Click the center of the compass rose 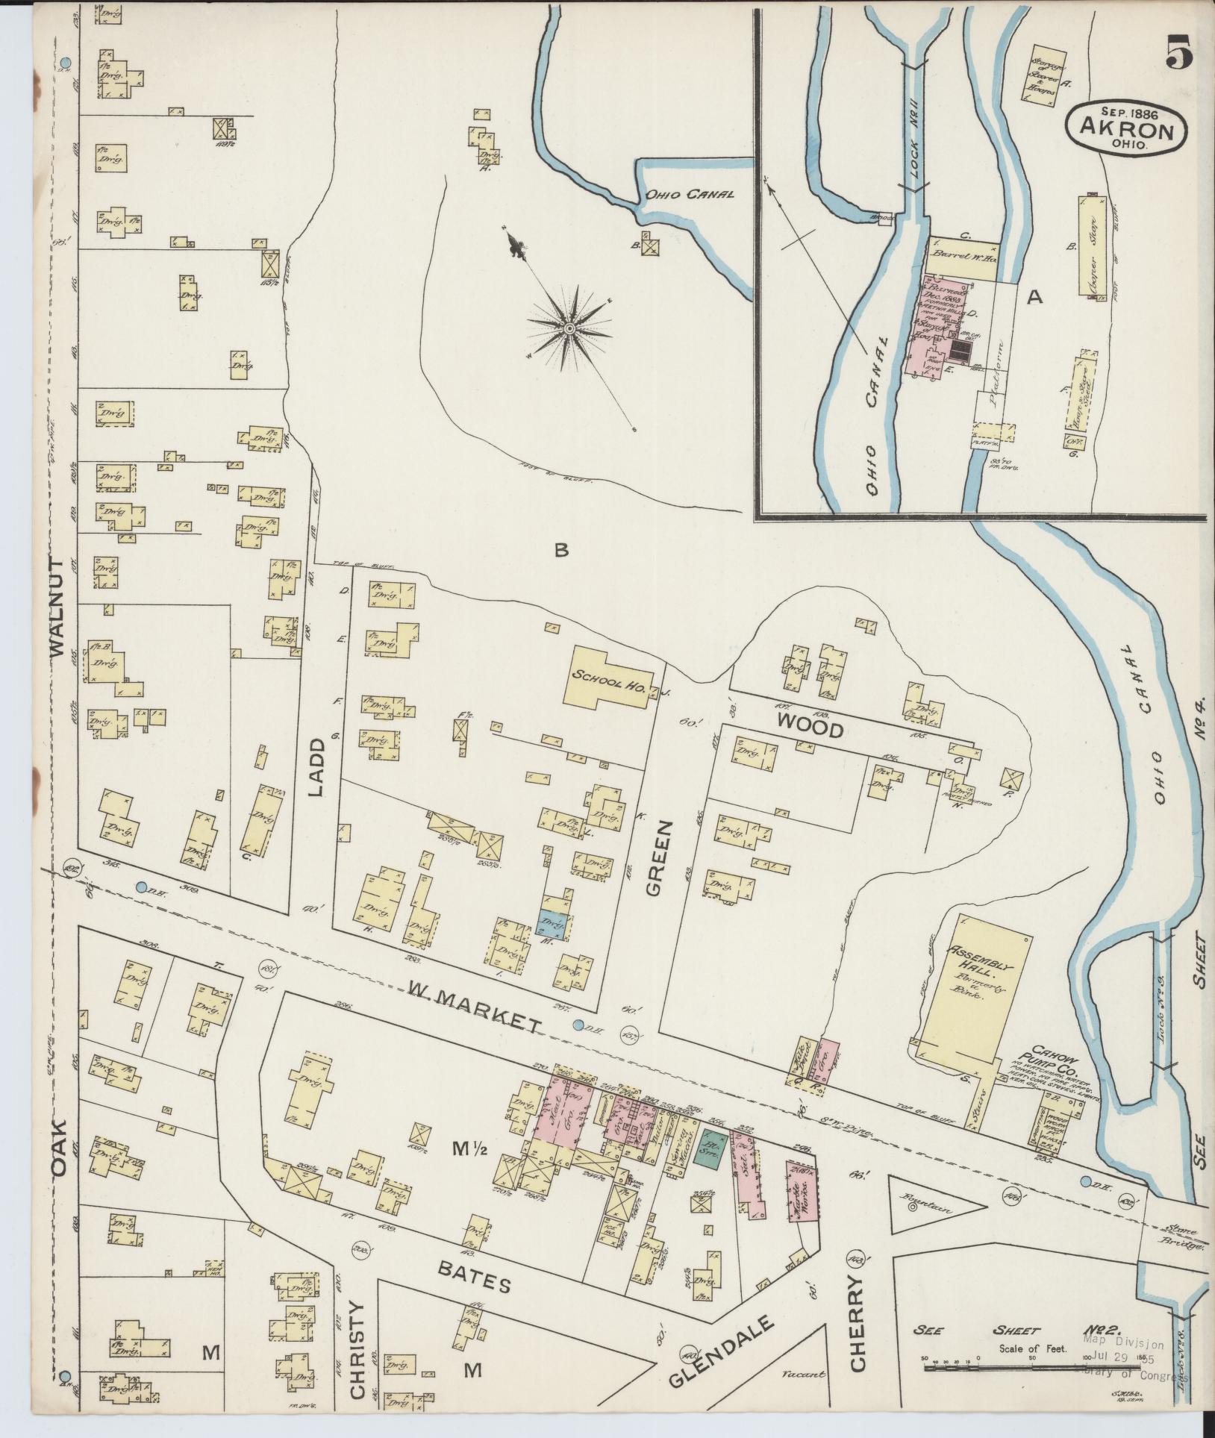coord(569,328)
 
